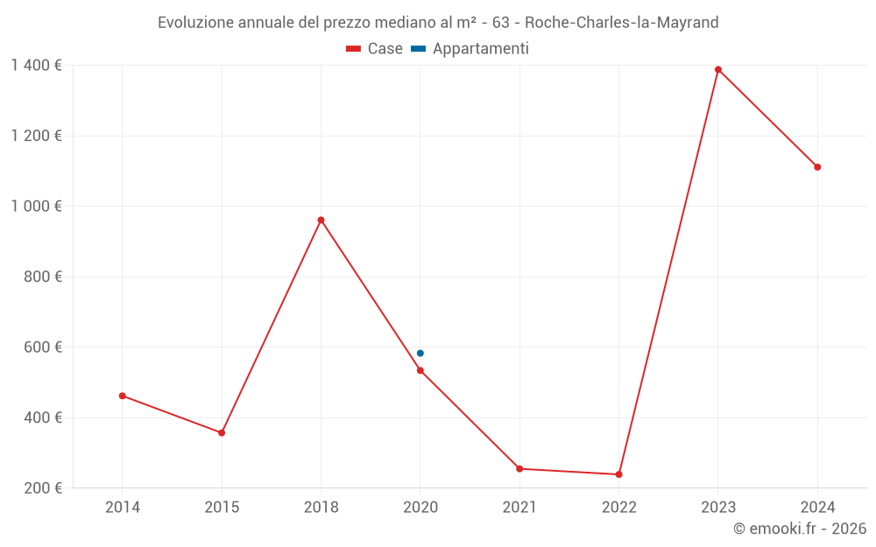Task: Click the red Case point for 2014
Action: [123, 396]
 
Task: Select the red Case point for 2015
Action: [222, 432]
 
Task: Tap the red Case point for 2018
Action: [321, 220]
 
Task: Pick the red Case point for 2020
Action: [420, 370]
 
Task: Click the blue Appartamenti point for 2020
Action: [420, 353]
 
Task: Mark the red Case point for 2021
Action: [519, 468]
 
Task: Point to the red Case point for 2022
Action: [618, 474]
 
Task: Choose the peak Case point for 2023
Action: [718, 69]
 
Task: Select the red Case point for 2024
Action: [817, 167]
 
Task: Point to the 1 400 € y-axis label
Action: [37, 65]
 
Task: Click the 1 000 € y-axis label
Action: [37, 206]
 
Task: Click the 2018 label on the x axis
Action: [321, 507]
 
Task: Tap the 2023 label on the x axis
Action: [718, 507]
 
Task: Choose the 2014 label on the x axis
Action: [123, 507]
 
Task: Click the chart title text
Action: [438, 23]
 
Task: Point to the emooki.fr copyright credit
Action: [800, 529]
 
